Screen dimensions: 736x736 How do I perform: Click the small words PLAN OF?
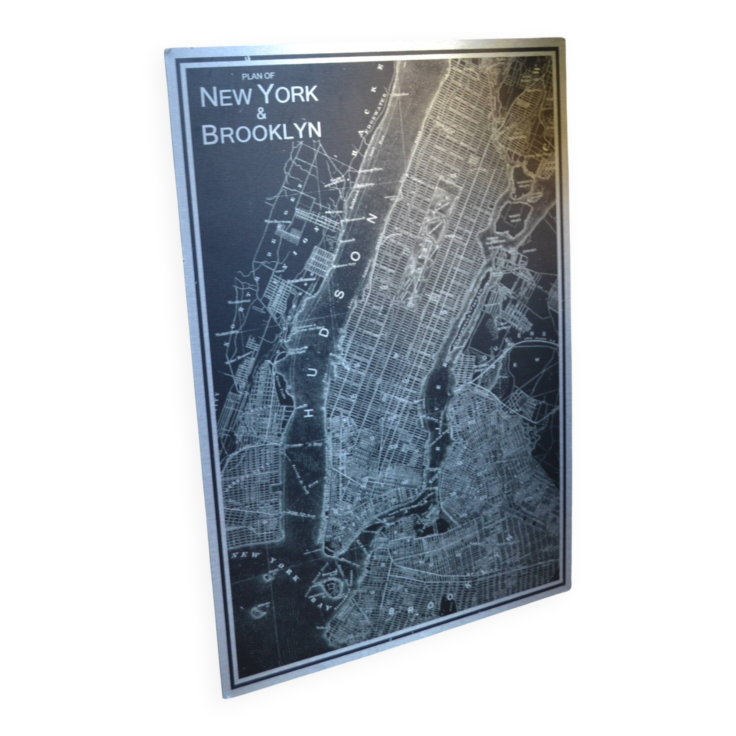click(258, 76)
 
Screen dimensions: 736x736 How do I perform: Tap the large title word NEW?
click(226, 98)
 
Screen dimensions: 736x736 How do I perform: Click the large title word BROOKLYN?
click(261, 132)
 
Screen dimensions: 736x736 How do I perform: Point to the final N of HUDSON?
click(372, 219)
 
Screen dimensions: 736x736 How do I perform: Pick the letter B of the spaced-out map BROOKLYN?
click(392, 611)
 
